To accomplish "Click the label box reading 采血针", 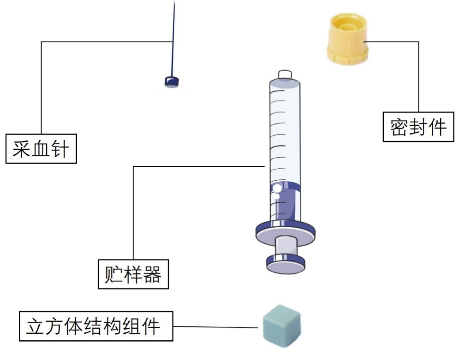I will (41, 149).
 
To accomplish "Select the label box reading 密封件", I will (418, 127).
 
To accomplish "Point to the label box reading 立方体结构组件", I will (96, 326).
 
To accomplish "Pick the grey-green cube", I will (281, 325).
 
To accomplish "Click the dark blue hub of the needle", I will (172, 82).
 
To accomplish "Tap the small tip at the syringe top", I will (284, 75).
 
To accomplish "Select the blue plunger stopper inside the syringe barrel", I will (285, 188).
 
